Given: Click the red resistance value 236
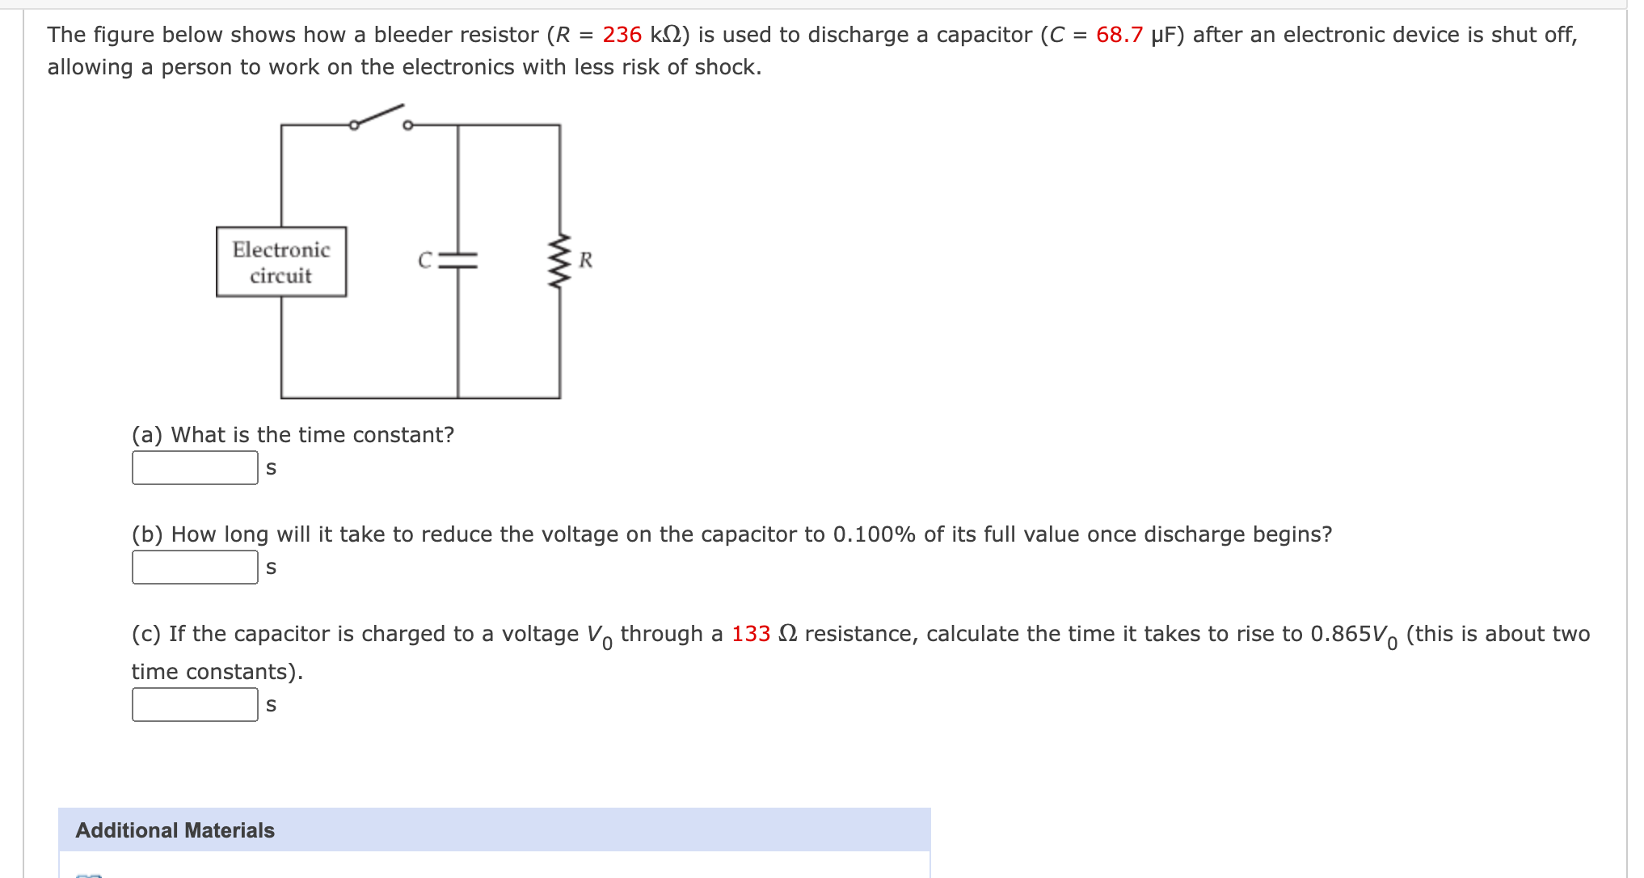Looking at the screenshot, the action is point(622,35).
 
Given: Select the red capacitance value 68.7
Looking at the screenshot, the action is point(1119,35).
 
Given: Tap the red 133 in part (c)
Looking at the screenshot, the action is point(750,634).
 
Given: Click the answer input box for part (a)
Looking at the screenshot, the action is point(195,468).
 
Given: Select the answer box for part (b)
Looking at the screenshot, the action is point(195,568).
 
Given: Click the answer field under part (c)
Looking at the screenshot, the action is point(195,705).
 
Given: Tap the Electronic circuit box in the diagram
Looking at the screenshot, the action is point(281,262).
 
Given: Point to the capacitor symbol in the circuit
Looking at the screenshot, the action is point(458,260).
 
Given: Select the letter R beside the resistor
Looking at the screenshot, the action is point(586,260).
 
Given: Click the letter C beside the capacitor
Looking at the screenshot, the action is point(425,260).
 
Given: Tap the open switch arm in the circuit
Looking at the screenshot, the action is point(378,116).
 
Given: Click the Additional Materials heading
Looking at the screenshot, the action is point(175,830).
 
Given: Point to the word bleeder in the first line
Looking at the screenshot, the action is point(411,35).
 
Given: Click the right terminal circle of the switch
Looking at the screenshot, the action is point(407,125).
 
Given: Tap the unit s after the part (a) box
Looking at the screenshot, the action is point(271,468).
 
